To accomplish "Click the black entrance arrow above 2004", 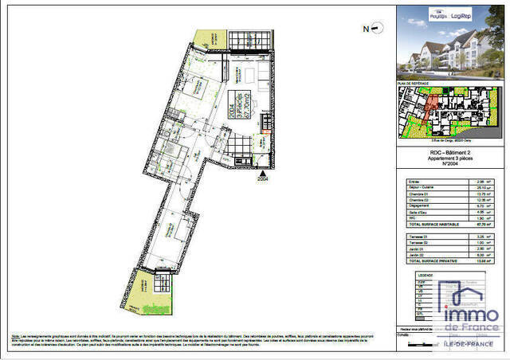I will [263, 170].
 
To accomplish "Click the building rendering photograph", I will [450, 49].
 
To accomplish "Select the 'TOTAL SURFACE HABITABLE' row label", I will [430, 225].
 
